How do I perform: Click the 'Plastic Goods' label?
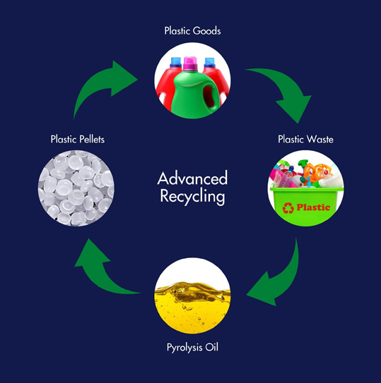[x=192, y=31]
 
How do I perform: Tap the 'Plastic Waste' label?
[x=305, y=139]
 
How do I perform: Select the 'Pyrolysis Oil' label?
[x=192, y=347]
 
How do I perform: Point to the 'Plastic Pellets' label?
[x=78, y=139]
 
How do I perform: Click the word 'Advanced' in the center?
[x=192, y=178]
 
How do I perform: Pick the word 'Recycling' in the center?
[x=192, y=197]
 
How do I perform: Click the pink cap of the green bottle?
[x=190, y=63]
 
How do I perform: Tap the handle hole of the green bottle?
[x=209, y=96]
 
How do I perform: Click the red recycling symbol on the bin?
[x=288, y=208]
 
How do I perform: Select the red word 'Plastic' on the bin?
[x=313, y=207]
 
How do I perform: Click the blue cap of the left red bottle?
[x=176, y=62]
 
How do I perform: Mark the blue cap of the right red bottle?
[x=210, y=63]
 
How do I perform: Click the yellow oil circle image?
[x=192, y=296]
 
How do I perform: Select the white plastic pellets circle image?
[x=76, y=188]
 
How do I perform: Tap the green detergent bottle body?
[x=194, y=95]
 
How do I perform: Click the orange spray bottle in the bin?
[x=316, y=171]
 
